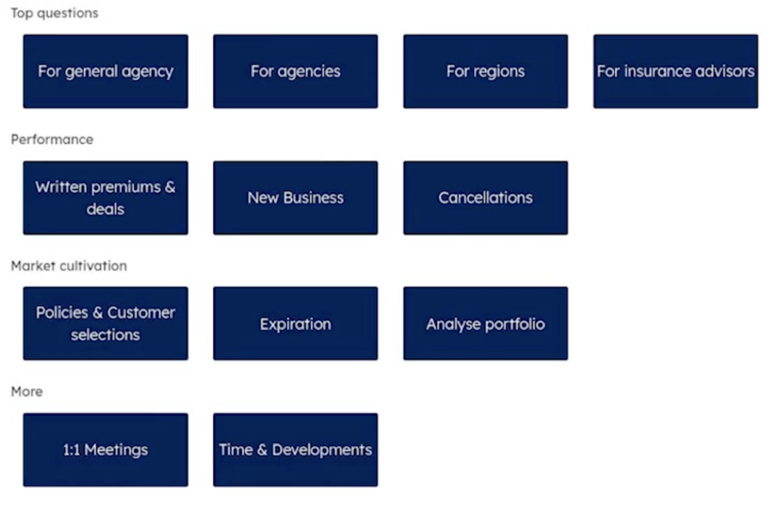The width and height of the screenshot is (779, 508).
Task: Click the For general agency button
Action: pos(106,71)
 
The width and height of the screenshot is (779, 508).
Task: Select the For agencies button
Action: pos(295,71)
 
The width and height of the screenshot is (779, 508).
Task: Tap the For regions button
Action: pos(486,71)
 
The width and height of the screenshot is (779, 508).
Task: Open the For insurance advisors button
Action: pos(676,71)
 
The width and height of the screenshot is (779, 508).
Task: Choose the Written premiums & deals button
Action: pos(106,198)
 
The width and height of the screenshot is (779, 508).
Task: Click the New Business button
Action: pos(295,198)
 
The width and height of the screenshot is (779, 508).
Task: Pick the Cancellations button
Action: pos(486,198)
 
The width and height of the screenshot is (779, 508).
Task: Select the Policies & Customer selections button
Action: pos(106,324)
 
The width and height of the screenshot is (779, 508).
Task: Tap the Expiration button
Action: pos(295,324)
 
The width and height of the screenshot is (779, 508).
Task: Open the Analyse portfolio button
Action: pos(486,324)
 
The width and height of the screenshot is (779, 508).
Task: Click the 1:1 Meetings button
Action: pos(106,450)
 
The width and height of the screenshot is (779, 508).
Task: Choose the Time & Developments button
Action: pos(295,450)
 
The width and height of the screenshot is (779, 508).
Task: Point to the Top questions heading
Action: pos(55,13)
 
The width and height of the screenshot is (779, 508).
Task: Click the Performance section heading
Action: pos(52,139)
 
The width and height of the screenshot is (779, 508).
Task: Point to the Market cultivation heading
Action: pos(69,266)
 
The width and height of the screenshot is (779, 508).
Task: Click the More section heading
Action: pos(27,392)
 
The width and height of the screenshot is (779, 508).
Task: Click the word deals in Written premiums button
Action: pos(105,209)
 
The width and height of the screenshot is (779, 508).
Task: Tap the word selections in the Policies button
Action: pos(105,335)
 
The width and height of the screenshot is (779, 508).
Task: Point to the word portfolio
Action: pos(515,324)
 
